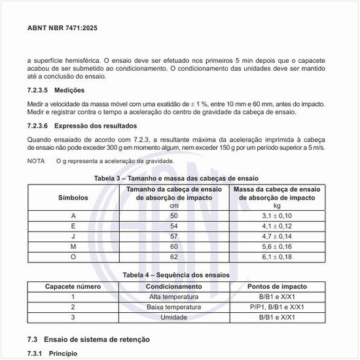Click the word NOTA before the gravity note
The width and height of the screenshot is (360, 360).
[x=36, y=161]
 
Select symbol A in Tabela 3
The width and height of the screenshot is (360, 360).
[x=73, y=215]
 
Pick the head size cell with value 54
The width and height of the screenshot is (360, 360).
[x=173, y=226]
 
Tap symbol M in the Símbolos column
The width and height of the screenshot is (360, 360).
[x=73, y=247]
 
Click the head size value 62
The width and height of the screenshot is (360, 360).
[x=173, y=257]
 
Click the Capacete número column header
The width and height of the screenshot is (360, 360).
[x=73, y=287]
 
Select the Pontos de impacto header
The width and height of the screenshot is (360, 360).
[x=277, y=287]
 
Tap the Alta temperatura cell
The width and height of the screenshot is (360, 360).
[x=173, y=297]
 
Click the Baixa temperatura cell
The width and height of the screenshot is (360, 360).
[x=173, y=306]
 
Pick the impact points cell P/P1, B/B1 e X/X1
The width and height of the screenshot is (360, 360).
[x=277, y=306]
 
